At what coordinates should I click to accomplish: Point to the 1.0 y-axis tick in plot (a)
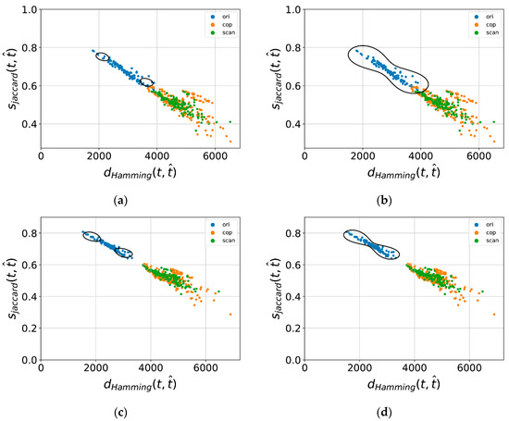(31, 10)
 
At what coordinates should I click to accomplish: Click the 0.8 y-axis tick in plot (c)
(31, 231)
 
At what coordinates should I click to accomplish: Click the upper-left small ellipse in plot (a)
(103, 57)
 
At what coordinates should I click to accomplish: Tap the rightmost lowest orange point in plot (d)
(493, 315)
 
